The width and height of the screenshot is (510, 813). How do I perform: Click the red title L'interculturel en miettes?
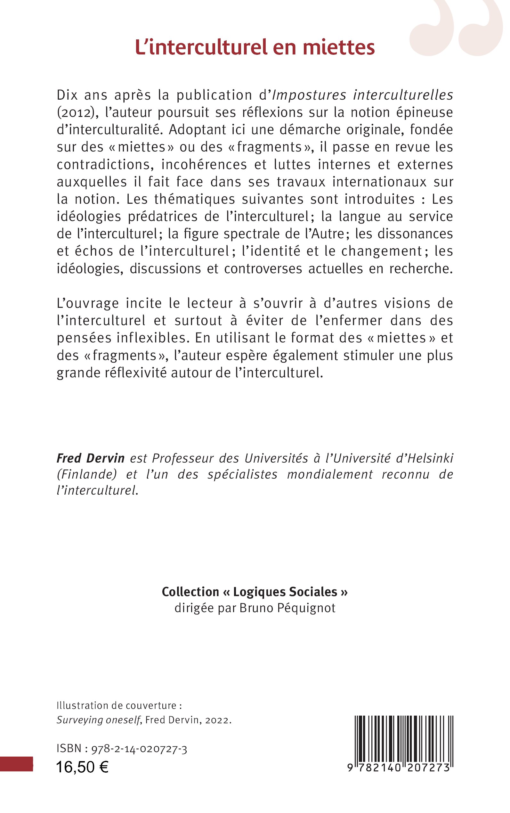click(x=255, y=47)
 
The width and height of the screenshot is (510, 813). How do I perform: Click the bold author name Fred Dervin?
click(x=90, y=458)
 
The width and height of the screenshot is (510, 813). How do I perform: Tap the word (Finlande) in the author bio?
click(x=87, y=474)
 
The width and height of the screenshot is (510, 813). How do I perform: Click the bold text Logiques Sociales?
click(x=285, y=592)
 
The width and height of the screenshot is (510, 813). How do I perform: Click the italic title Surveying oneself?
click(x=98, y=720)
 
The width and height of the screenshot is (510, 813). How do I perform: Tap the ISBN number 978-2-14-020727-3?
click(x=139, y=749)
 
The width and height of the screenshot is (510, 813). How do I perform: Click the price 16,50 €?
click(x=82, y=768)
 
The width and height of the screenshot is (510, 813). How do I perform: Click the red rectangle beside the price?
click(x=16, y=764)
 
